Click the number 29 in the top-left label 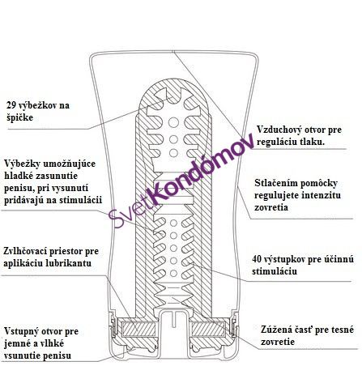point(11,105)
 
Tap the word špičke point(20,117)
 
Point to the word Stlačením point(275,183)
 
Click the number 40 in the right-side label point(257,259)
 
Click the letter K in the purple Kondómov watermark point(161,192)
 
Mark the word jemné point(17,343)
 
